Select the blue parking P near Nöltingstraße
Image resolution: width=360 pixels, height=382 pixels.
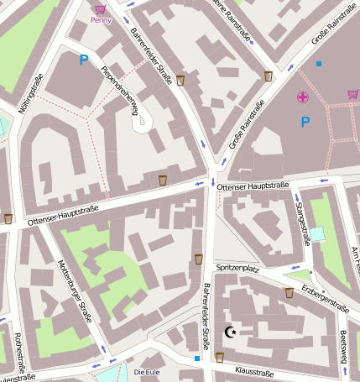point(83,60)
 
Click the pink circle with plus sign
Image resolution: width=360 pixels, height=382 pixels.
point(302,97)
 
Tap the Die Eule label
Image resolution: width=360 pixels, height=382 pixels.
point(147,372)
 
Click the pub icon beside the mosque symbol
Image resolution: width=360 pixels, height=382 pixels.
point(219,356)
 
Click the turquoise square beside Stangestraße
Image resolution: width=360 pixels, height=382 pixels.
point(316,233)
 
